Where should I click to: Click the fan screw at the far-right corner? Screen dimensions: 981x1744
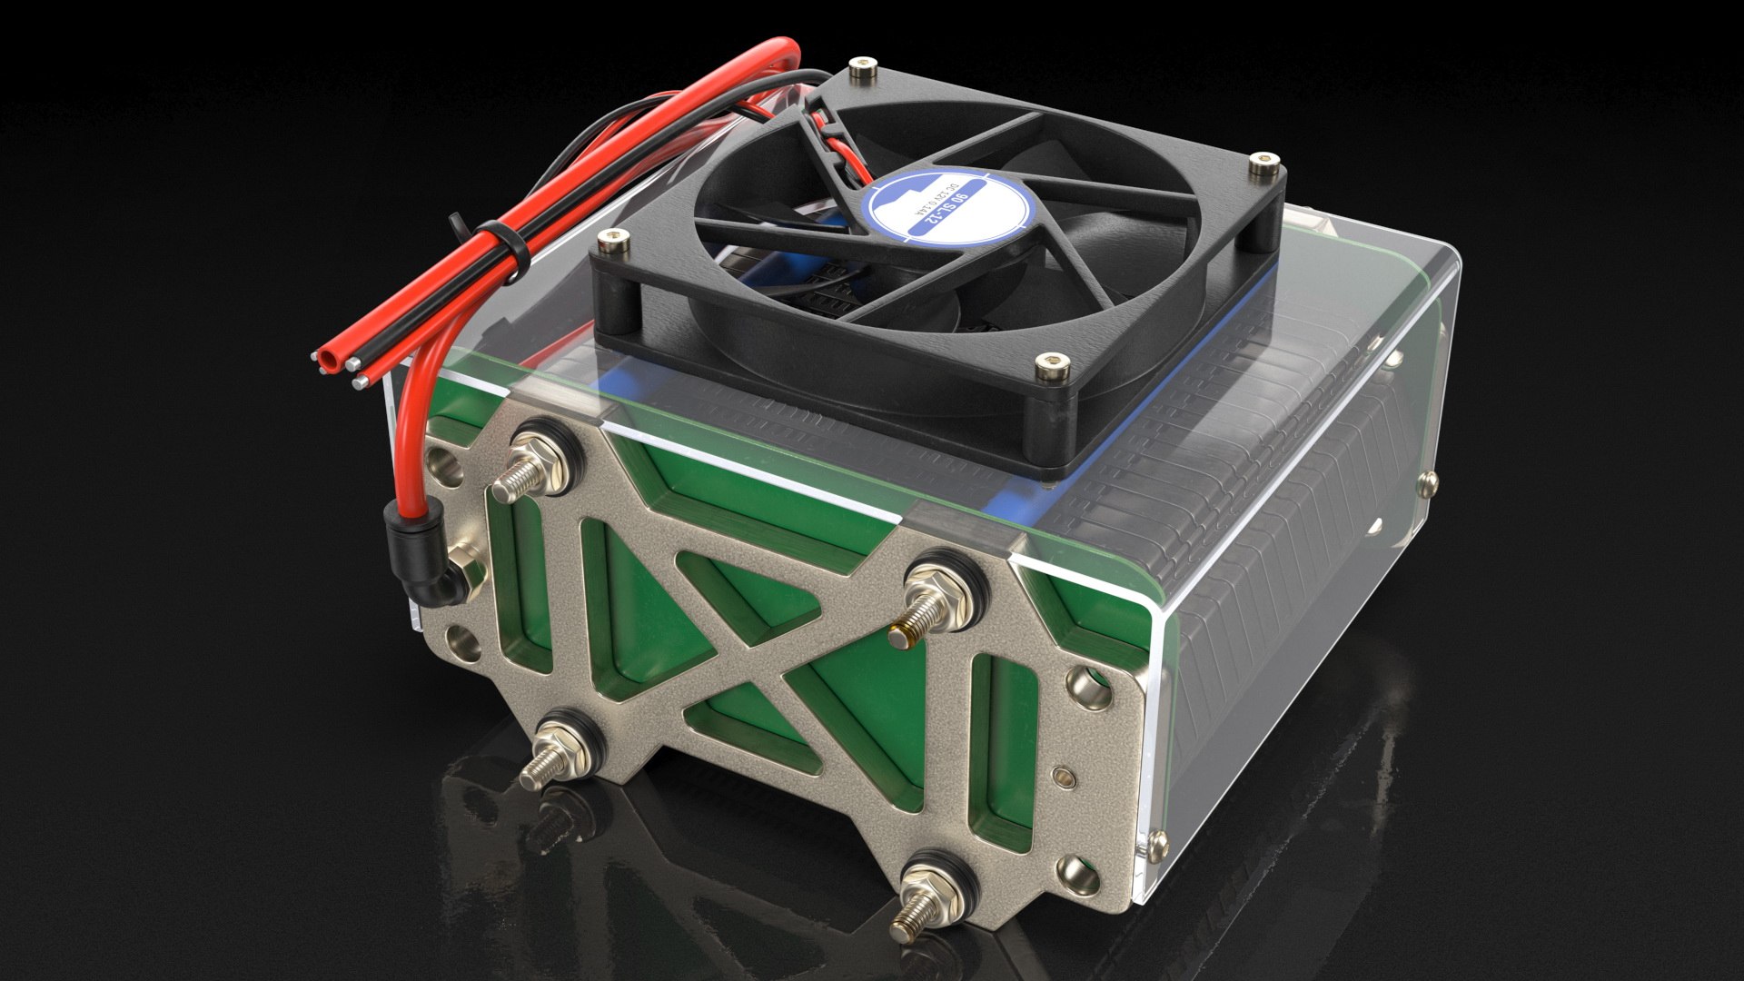[x=1260, y=167]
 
